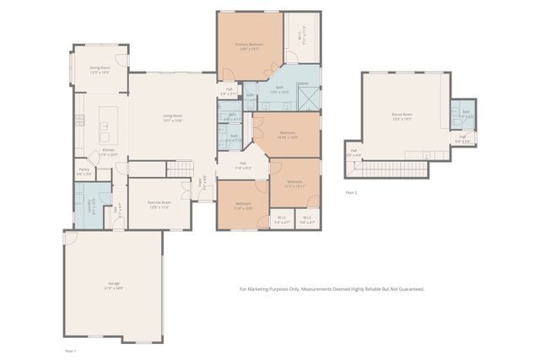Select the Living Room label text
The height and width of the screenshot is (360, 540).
point(174,117)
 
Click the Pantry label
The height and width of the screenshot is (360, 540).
point(84,171)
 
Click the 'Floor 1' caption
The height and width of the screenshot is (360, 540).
point(70,349)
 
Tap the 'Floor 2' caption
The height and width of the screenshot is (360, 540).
point(351,192)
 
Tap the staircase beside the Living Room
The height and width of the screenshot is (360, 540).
point(181,170)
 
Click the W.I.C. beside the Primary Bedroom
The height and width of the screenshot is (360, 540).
point(302,37)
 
